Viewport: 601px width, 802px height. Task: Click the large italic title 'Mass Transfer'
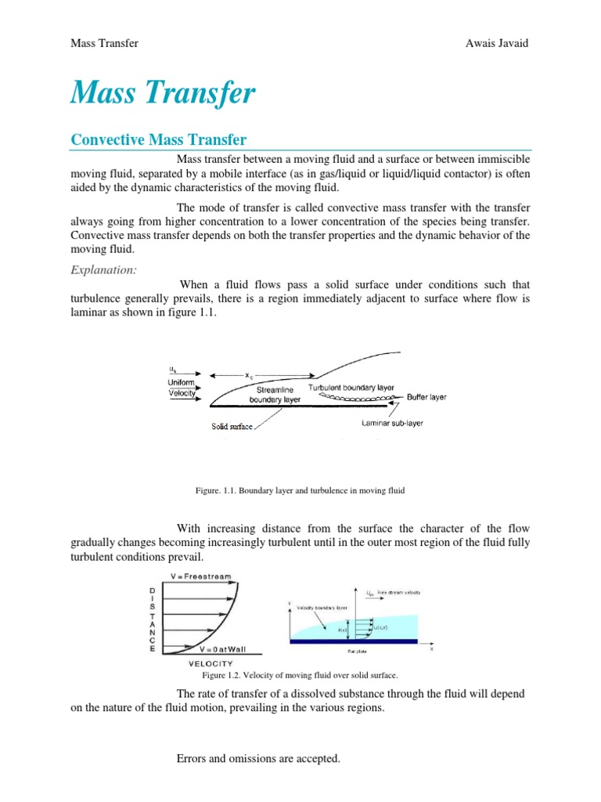[163, 94]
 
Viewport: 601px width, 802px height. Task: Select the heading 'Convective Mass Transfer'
[159, 140]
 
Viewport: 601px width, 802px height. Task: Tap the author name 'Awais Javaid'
[497, 44]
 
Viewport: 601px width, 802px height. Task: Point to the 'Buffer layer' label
[426, 397]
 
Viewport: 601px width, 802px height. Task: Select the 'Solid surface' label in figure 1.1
[231, 427]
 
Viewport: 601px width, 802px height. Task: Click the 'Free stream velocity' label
[399, 593]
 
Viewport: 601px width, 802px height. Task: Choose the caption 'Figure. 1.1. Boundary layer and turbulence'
[300, 490]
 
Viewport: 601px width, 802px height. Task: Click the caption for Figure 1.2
[300, 674]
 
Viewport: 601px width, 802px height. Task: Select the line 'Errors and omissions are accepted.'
[260, 759]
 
